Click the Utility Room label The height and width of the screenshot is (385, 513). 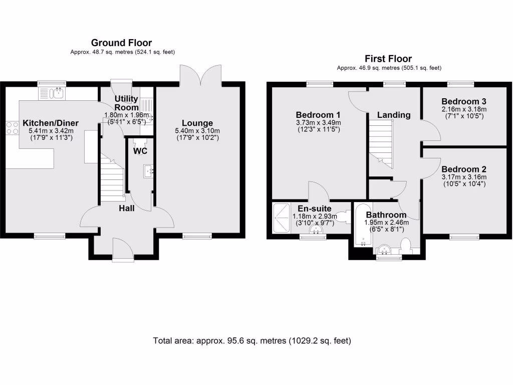point(126,103)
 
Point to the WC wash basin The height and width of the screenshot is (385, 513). point(149,171)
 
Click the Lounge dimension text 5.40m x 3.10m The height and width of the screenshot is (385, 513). point(197,131)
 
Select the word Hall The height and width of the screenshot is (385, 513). point(126,208)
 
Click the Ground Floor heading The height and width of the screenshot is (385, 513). point(121,43)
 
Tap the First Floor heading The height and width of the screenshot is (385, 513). point(388,59)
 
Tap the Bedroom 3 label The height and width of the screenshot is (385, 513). point(464,101)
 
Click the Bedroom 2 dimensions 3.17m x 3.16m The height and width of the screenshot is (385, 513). point(464,177)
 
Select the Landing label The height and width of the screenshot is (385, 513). point(394,115)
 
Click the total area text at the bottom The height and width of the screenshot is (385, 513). point(252,341)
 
